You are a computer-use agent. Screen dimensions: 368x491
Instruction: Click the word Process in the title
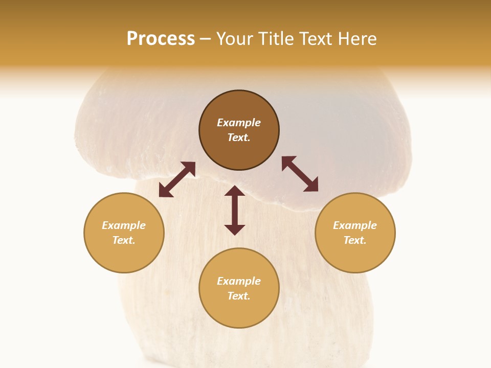(161, 39)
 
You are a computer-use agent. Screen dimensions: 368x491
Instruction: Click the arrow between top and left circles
(177, 179)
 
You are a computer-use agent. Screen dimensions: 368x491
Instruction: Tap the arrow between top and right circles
(300, 174)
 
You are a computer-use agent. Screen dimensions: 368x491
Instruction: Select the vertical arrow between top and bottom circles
(235, 210)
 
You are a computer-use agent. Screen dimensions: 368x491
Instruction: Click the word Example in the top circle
(239, 123)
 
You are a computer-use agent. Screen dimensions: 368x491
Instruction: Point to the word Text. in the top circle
(239, 137)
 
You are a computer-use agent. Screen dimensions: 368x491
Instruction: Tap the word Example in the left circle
(124, 225)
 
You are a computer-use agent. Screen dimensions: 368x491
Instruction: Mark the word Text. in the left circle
(124, 240)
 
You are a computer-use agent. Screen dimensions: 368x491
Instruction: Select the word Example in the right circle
(355, 225)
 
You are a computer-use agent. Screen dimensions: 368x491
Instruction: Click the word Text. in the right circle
(355, 240)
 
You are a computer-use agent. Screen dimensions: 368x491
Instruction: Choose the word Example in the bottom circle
(239, 281)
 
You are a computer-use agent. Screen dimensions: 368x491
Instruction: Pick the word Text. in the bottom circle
(239, 296)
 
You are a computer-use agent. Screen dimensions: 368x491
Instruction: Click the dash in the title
(206, 39)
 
